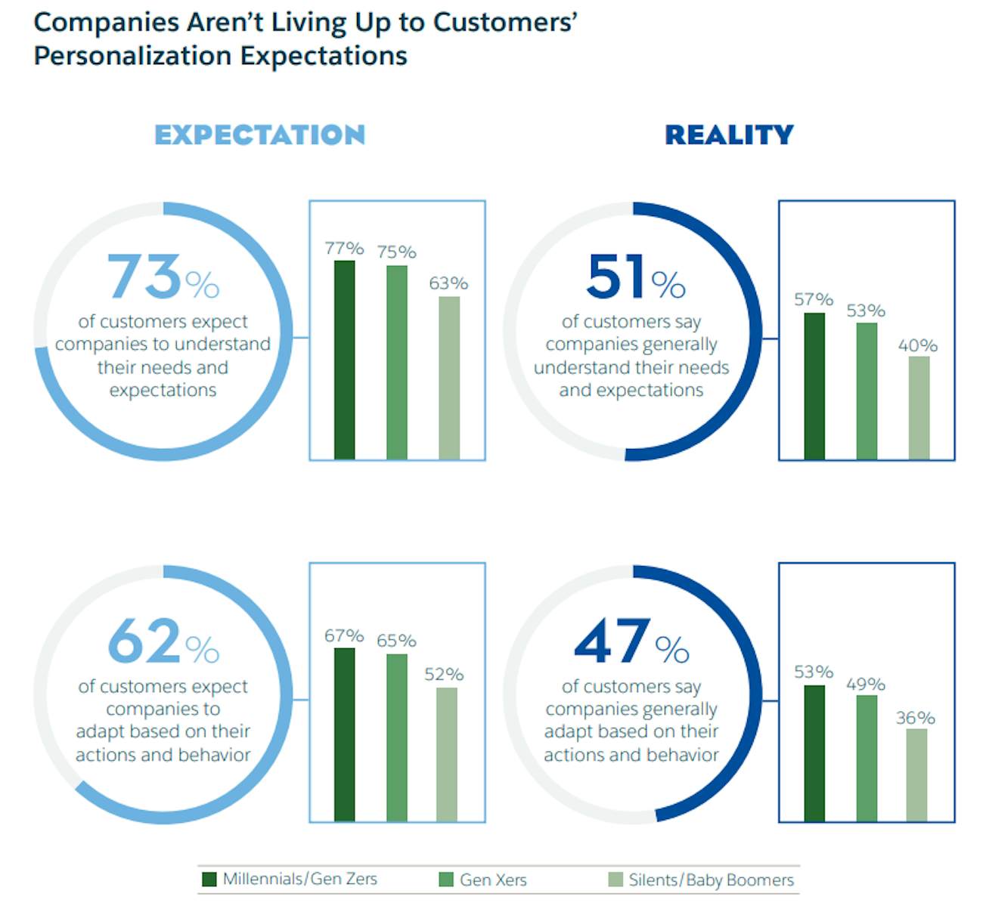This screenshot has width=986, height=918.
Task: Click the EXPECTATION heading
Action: (x=259, y=134)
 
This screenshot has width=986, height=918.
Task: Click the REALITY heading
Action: (x=729, y=134)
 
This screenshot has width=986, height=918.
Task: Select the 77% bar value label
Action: (x=344, y=248)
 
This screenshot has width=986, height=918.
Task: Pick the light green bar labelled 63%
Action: (x=449, y=378)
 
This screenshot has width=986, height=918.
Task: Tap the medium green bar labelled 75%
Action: (x=396, y=362)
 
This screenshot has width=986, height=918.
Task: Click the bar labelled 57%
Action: (x=814, y=385)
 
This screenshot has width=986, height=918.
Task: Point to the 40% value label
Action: (x=918, y=345)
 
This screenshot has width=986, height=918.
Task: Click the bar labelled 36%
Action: (x=916, y=774)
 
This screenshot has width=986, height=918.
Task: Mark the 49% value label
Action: (x=866, y=684)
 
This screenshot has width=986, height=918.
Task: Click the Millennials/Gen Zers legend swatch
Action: (x=209, y=879)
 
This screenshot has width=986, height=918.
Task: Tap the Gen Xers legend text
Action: (x=493, y=879)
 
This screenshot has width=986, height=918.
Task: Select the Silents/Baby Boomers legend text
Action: (x=711, y=879)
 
